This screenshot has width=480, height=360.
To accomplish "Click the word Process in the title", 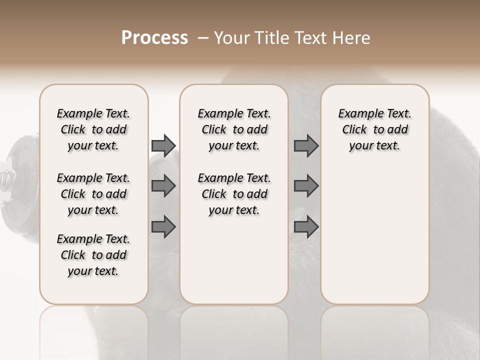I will [x=154, y=38].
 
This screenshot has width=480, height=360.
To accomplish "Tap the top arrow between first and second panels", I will [x=163, y=145].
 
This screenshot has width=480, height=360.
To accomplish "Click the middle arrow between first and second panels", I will [x=163, y=186].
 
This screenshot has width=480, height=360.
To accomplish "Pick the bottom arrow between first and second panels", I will [x=163, y=227].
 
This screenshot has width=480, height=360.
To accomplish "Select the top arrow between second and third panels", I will [x=306, y=145].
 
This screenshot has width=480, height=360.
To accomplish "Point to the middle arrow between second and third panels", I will [x=306, y=186].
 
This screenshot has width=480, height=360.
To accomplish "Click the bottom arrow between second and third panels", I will [x=306, y=227].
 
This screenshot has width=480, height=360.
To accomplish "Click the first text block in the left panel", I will [x=93, y=129].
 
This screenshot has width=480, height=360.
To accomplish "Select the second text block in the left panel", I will [x=93, y=194].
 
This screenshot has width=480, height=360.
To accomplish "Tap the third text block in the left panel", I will [x=93, y=255].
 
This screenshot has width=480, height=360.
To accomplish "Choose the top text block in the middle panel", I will [x=234, y=129].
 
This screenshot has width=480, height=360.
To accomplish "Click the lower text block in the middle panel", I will [x=234, y=194].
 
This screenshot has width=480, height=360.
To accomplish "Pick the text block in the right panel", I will [x=375, y=129].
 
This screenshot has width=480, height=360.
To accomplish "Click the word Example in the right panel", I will [x=357, y=114].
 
